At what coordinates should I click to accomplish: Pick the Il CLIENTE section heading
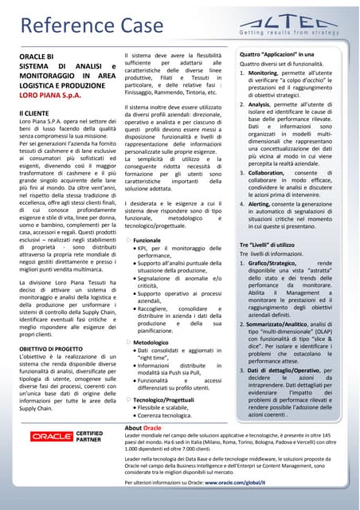coord(37,117)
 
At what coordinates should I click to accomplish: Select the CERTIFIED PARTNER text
coord(89,436)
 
